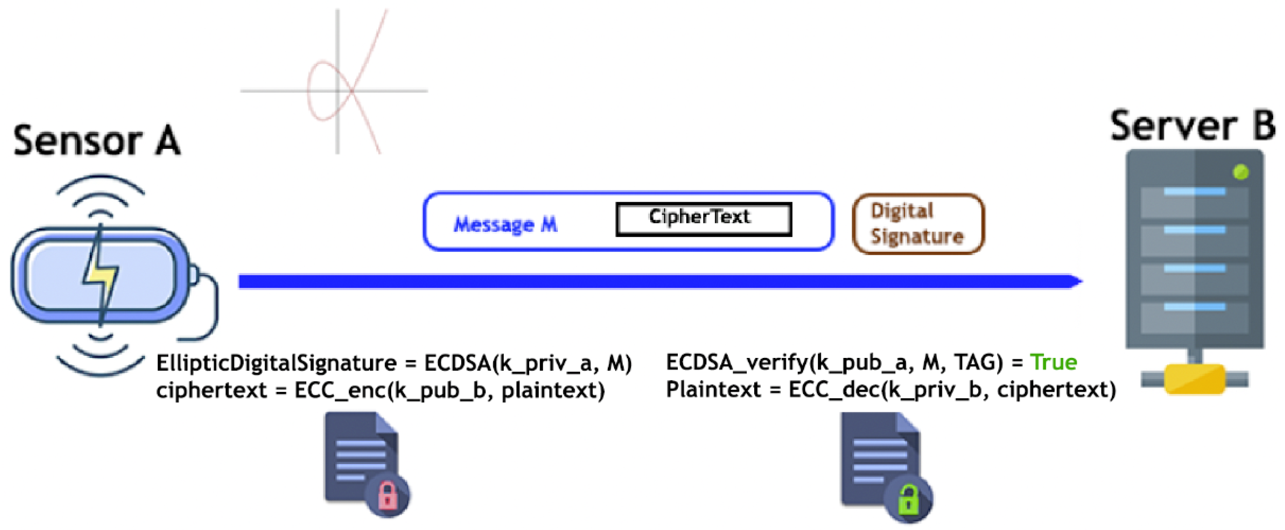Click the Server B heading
(x=1192, y=126)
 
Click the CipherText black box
(x=703, y=218)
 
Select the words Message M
(x=505, y=224)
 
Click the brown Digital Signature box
(x=918, y=224)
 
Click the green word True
(x=1053, y=362)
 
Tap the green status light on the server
(x=1241, y=173)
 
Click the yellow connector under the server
(x=1194, y=380)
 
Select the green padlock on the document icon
(x=907, y=499)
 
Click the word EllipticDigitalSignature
(x=276, y=363)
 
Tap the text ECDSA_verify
(x=737, y=362)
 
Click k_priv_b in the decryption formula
(x=935, y=389)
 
